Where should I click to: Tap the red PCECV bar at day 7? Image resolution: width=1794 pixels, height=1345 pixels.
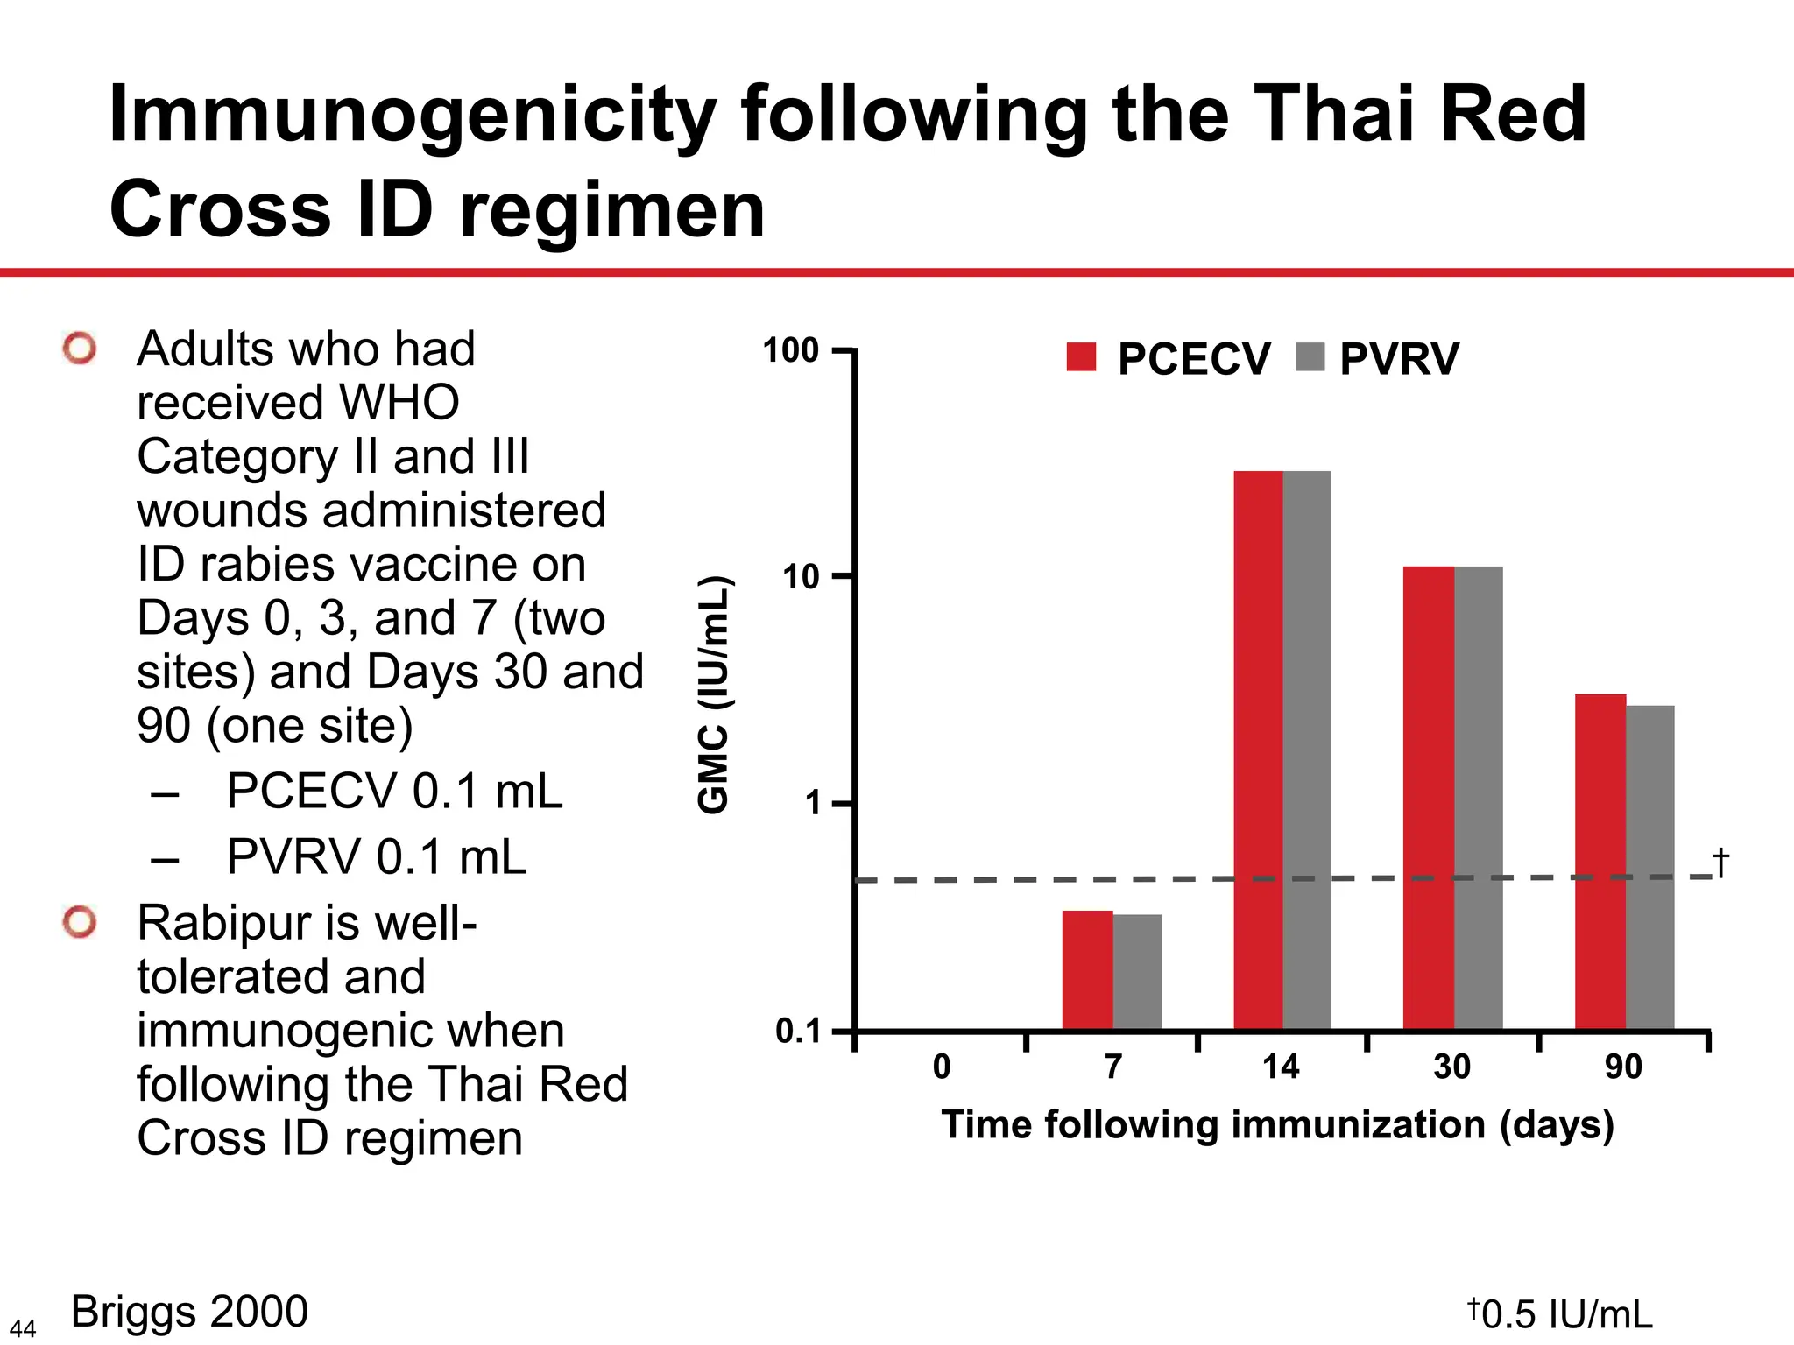tap(1087, 970)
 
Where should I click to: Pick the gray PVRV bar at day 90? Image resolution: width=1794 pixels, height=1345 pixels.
tap(1650, 867)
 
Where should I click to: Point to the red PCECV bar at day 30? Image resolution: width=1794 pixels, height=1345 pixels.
tap(1429, 797)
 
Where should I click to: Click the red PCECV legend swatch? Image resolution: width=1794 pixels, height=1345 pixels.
tap(1081, 356)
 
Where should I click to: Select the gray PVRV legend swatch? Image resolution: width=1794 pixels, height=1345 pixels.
tap(1310, 356)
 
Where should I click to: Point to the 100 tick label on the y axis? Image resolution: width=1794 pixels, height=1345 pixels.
tap(790, 351)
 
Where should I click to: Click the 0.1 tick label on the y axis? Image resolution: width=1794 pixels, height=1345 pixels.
tap(798, 1032)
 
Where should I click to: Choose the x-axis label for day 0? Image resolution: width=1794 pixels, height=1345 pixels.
tap(942, 1067)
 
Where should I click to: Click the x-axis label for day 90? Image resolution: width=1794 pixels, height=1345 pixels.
tap(1623, 1067)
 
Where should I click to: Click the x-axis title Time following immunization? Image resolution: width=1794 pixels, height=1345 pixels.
tap(1277, 1125)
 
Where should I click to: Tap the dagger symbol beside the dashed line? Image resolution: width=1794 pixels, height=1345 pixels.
tap(1720, 863)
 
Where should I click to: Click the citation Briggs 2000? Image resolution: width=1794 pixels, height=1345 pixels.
tap(189, 1312)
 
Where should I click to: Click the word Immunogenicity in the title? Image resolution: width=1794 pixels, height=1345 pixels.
tap(412, 116)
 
